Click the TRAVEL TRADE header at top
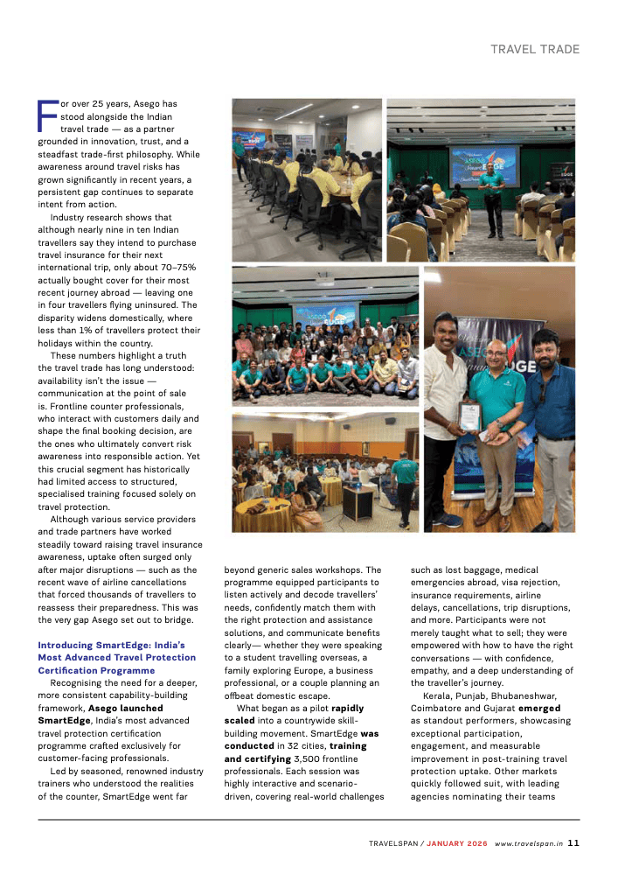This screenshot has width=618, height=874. click(x=534, y=50)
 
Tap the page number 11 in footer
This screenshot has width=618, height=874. click(x=573, y=843)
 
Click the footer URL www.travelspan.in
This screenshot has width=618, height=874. click(x=528, y=843)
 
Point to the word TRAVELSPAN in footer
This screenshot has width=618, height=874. click(x=395, y=843)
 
